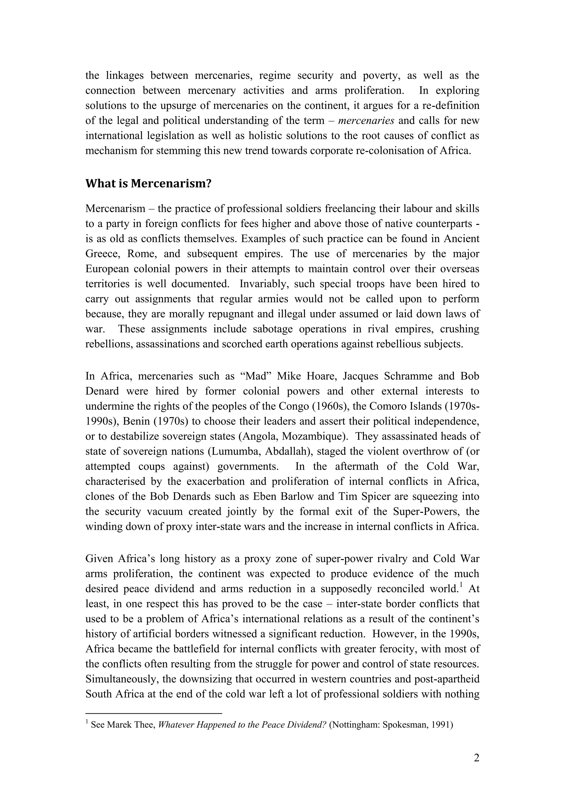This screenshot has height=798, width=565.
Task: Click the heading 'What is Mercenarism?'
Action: [x=148, y=184]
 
